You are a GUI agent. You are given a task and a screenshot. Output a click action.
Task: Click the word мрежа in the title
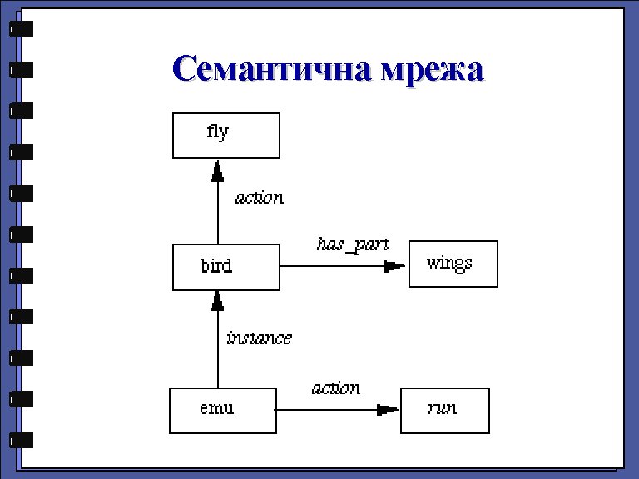pos(431,68)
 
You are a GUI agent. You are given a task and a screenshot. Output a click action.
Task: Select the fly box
pos(225,135)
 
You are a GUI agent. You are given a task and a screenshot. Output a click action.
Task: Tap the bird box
pos(225,267)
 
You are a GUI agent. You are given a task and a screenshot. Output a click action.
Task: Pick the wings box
pos(453,264)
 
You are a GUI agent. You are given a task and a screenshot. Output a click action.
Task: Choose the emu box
pos(222,410)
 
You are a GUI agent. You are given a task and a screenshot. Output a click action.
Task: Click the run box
pos(444,410)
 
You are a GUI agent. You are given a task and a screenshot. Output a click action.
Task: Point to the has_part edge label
pos(352,244)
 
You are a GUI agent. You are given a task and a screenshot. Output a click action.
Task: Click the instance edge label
pos(259,338)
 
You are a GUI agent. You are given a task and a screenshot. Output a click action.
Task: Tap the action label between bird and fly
pos(259,198)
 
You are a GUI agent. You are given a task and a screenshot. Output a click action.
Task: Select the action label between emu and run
pos(336,388)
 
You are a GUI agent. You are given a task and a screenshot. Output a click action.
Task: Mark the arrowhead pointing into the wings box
pos(394,266)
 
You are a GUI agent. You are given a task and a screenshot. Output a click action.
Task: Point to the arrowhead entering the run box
pos(387,409)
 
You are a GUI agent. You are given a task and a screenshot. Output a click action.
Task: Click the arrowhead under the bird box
pos(218,300)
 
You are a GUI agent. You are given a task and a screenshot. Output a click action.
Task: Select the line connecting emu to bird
pos(218,349)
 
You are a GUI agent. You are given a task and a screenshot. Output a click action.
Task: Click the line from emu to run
pos(324,409)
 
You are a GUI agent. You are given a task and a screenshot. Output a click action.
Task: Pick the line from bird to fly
pos(218,212)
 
